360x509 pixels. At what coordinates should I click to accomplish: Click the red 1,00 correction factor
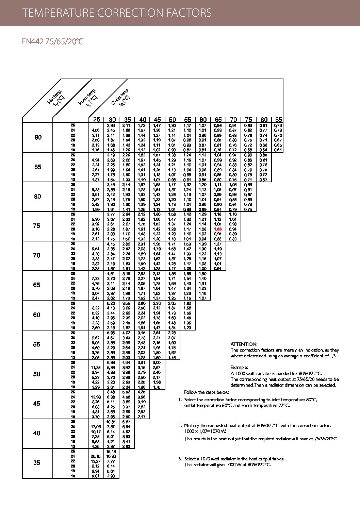click(218, 229)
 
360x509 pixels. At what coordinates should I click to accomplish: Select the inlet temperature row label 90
click(38, 137)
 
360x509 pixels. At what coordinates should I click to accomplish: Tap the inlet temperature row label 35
click(37, 463)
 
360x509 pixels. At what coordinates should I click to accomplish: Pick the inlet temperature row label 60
click(37, 315)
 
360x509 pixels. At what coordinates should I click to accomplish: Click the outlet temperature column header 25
click(97, 119)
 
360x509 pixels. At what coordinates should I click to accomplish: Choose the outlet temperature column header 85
click(279, 120)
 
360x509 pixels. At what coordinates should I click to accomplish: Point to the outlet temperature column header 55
click(187, 120)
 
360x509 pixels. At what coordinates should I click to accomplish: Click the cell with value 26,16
click(96, 456)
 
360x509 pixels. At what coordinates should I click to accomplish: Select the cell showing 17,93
click(96, 427)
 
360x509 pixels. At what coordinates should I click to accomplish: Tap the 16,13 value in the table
click(111, 451)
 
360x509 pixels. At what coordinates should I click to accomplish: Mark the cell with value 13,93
click(96, 397)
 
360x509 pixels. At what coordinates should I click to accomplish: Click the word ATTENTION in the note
click(244, 344)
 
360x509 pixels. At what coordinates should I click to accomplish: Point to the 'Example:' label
click(239, 367)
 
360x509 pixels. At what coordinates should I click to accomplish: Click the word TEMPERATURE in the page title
click(58, 13)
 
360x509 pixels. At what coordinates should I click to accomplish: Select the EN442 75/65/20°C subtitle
click(53, 42)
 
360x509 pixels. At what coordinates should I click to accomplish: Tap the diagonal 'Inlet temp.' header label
click(55, 98)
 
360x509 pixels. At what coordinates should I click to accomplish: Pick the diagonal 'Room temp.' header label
click(88, 97)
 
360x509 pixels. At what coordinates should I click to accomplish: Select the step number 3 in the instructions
click(180, 459)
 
